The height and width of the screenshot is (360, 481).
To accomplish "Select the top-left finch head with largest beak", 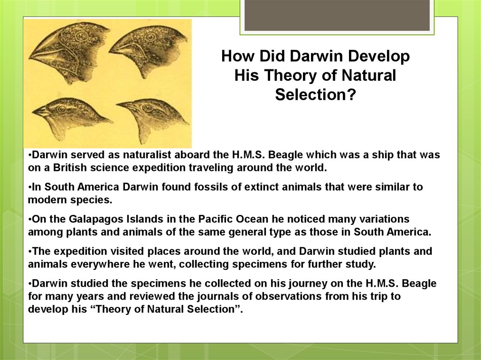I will (66, 52).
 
